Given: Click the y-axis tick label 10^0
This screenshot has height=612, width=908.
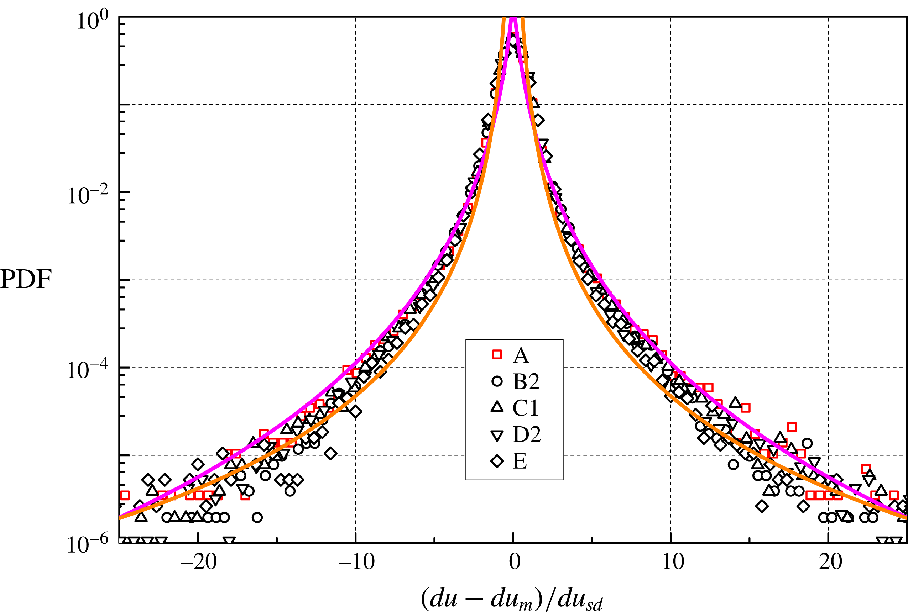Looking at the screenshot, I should (93, 21).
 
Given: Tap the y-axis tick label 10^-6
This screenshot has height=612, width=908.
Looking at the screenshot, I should (88, 544).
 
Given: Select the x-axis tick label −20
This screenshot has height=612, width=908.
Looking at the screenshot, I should (198, 563).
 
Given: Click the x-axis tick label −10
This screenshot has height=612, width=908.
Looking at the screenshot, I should (356, 563).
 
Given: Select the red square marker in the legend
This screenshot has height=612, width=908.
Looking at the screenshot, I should (497, 354).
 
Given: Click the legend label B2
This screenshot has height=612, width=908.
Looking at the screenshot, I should (526, 382).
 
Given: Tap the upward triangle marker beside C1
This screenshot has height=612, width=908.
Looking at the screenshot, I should (497, 407).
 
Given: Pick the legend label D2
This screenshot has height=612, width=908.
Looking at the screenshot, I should (526, 434).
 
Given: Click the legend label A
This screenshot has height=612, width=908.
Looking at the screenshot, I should (521, 355).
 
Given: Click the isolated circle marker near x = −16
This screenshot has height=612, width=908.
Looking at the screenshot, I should (257, 518).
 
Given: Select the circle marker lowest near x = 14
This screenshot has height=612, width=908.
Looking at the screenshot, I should (734, 464).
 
